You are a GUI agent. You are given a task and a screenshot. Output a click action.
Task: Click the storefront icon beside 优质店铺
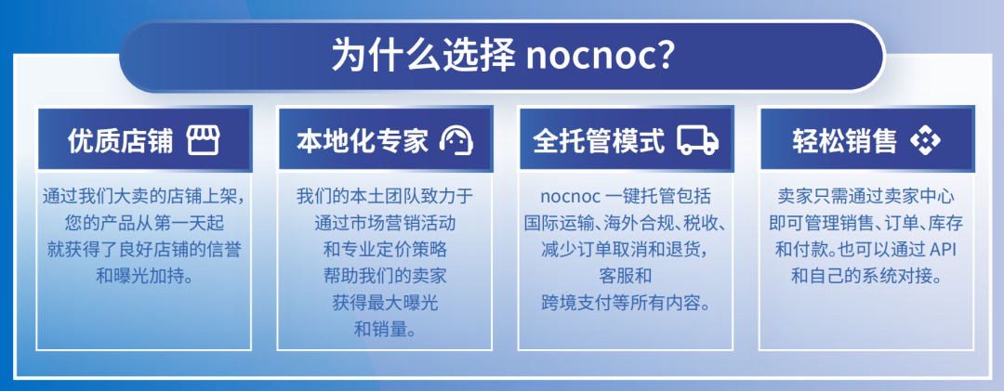[x=203, y=140]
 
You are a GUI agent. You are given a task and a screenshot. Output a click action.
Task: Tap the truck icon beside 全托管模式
[x=698, y=140]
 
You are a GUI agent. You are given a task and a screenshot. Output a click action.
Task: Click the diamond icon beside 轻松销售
[x=925, y=140]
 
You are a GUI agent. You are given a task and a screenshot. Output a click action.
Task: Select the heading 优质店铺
[x=120, y=140]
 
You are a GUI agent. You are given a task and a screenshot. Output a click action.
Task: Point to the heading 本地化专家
[x=363, y=140]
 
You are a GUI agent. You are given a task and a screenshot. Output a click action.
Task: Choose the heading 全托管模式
[x=600, y=140]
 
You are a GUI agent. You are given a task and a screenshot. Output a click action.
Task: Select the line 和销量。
[x=385, y=329]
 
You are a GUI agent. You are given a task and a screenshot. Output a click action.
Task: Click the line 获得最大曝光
[x=385, y=303]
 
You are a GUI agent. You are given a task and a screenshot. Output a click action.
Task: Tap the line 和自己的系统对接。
[x=867, y=276]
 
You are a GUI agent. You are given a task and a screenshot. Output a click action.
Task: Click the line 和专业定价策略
[x=385, y=249]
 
